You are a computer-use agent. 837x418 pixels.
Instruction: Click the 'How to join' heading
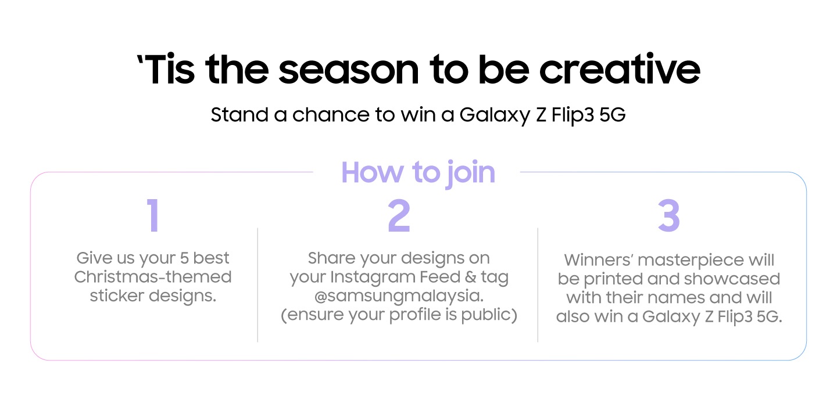point(418,172)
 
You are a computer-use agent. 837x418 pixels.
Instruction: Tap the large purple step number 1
point(153,216)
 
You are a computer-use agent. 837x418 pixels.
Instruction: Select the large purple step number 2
point(399,216)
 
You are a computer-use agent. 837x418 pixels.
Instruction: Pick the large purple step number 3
point(668,216)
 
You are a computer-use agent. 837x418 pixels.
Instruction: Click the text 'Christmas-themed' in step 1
point(153,277)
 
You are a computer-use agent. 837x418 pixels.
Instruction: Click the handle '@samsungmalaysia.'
point(399,297)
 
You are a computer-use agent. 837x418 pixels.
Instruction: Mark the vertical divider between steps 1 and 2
point(257,284)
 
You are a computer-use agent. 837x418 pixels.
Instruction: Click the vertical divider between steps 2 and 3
point(538,284)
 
